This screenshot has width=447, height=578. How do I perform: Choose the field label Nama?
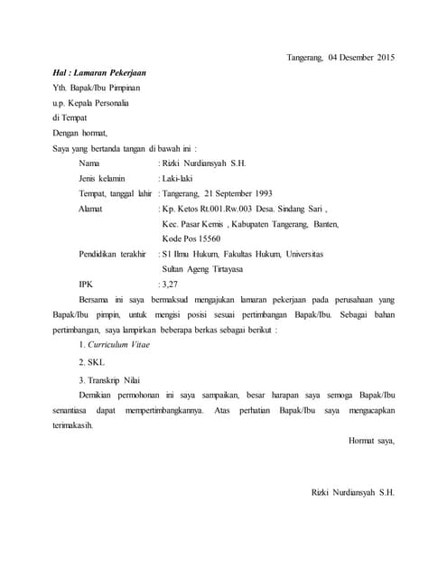(x=89, y=163)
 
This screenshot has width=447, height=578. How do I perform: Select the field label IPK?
(x=87, y=284)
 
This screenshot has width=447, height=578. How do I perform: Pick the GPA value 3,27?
(x=169, y=284)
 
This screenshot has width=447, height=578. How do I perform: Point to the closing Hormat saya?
(x=371, y=441)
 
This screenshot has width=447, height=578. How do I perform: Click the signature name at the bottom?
(x=352, y=493)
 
